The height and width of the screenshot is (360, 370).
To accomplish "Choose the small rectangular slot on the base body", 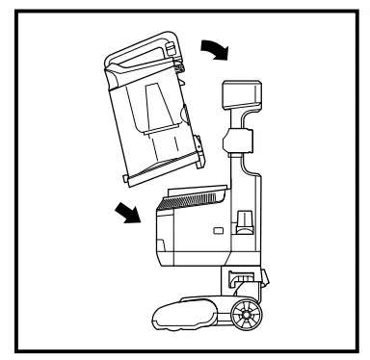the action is (x=216, y=231).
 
